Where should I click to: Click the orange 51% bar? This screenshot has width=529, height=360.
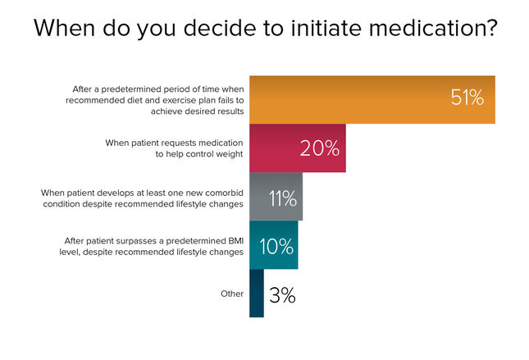point(372,99)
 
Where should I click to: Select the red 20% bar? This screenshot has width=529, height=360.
point(298,148)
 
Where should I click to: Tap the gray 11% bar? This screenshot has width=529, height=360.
point(276,196)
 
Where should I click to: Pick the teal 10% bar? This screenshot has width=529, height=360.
point(274,245)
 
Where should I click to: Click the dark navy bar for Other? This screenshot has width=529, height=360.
point(257,294)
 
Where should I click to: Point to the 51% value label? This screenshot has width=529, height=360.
point(467,98)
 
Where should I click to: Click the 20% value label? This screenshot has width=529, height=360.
point(320,148)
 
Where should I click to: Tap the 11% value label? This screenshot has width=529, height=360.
point(283,198)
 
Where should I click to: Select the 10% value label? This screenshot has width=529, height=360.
point(276,246)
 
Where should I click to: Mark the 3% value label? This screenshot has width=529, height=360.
point(282,295)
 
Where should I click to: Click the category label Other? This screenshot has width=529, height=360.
point(232,294)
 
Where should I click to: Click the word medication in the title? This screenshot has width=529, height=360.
point(433,28)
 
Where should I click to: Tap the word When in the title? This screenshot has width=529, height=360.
point(65,28)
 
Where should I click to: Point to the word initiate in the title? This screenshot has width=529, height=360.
point(326,28)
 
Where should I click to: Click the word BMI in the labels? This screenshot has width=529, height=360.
point(236,241)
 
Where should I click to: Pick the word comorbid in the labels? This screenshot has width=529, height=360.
point(225,193)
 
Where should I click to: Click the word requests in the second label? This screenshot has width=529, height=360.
point(179,144)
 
